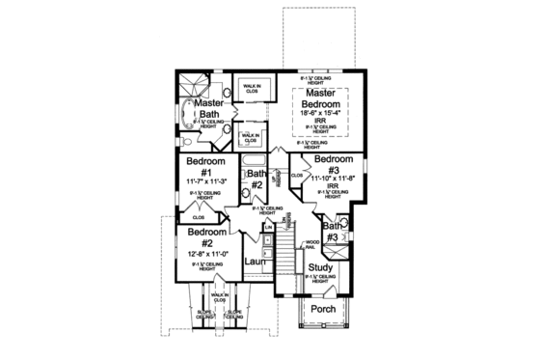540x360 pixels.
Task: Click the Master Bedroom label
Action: pos(320,97)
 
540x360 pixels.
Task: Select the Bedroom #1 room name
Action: pos(205,166)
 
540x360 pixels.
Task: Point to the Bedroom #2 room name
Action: pos(206,237)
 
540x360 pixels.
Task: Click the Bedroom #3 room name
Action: pos(334,164)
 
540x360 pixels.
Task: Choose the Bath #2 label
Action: pos(257,179)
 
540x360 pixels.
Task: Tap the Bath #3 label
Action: pos(331,232)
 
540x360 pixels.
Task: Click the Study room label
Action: pos(320,267)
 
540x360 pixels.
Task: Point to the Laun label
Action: pos(255,261)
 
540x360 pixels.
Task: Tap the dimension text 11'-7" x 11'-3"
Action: pos(204,180)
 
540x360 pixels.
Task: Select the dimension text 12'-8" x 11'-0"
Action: pos(206,252)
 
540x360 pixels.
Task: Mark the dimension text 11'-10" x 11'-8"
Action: pos(335,178)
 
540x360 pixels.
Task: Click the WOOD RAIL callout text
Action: pos(311,245)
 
